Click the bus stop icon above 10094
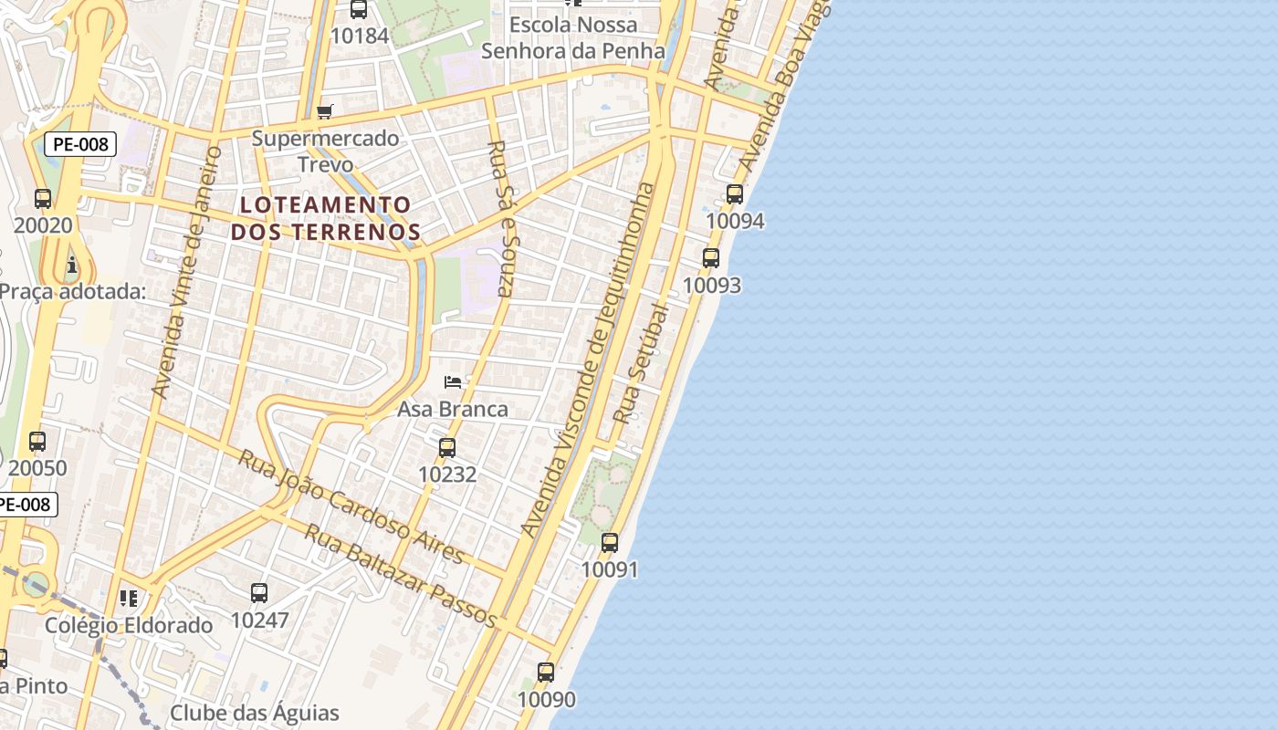click(735, 193)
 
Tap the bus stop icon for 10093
click(711, 258)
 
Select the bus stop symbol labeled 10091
click(610, 542)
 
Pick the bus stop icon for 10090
click(546, 673)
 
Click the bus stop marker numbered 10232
click(447, 447)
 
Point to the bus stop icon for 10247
click(259, 593)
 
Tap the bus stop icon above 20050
click(37, 442)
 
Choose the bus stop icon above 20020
click(43, 198)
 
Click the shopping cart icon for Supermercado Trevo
click(325, 111)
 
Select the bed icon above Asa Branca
click(453, 381)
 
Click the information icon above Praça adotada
click(72, 266)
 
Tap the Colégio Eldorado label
click(129, 625)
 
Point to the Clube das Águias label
click(255, 713)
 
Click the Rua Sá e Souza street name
click(503, 218)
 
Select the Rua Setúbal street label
click(641, 363)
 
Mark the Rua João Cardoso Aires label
click(351, 506)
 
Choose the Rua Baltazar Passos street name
click(400, 577)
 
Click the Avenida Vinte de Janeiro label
click(186, 272)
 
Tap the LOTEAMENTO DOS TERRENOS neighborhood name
click(325, 217)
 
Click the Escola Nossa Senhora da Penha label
click(573, 37)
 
